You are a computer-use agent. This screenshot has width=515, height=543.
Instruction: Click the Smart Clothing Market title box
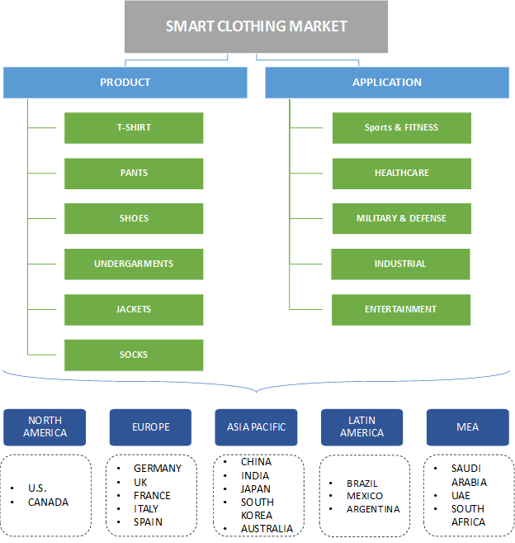(257, 26)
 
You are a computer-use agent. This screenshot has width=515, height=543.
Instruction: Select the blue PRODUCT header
(125, 83)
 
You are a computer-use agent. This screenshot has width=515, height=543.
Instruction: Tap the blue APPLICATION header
(387, 83)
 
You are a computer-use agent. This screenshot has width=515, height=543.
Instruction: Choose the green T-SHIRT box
(134, 128)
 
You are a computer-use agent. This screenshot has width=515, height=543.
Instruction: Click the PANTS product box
(134, 174)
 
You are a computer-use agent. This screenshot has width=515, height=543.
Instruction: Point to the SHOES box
(134, 219)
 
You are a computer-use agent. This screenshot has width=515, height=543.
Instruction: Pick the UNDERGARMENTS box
(134, 264)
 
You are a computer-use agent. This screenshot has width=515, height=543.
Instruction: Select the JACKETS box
(134, 310)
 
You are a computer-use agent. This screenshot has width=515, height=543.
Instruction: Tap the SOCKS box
(134, 355)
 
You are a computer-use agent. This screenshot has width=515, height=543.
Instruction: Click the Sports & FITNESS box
(402, 128)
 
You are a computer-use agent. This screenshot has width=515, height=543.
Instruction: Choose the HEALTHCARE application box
(402, 174)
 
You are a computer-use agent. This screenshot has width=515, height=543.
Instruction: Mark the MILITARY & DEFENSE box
(402, 219)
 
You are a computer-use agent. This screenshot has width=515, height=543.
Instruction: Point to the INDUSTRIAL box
(400, 264)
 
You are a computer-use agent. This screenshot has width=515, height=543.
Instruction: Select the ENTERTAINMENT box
(401, 310)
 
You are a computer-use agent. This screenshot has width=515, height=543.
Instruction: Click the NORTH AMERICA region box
(45, 427)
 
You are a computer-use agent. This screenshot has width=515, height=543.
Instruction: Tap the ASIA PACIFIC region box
(256, 427)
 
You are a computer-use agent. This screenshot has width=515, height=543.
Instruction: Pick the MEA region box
(467, 427)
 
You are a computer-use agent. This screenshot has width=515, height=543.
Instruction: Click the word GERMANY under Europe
(157, 469)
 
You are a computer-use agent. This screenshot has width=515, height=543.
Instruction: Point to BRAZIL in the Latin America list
(362, 483)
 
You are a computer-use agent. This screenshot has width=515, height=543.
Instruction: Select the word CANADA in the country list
(48, 502)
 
